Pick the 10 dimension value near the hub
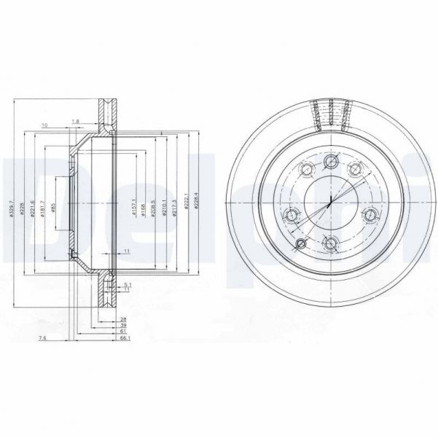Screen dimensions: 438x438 coord(45,125)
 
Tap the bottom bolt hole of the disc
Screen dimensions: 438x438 coord(330,244)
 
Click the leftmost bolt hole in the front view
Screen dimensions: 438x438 coord(292,214)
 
